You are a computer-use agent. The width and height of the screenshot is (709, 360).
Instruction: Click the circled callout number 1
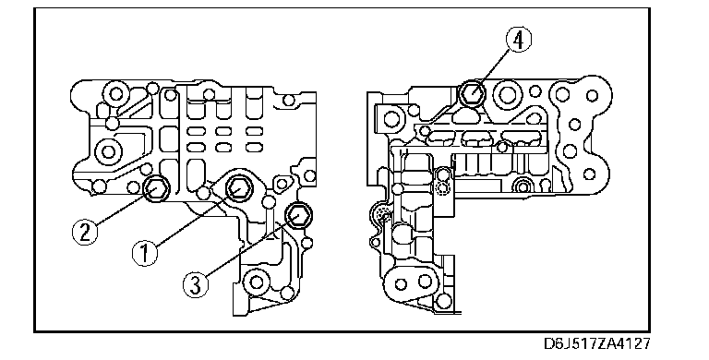pyautogui.click(x=145, y=253)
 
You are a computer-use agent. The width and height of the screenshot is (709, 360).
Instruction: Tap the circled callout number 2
pyautogui.click(x=85, y=232)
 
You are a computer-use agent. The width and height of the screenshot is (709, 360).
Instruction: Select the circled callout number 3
pyautogui.click(x=196, y=285)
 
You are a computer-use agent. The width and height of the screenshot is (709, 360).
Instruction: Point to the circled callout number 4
pyautogui.click(x=518, y=40)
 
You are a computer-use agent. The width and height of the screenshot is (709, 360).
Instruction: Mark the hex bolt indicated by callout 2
pyautogui.click(x=156, y=188)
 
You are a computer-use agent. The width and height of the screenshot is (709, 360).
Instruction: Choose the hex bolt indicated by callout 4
pyautogui.click(x=472, y=93)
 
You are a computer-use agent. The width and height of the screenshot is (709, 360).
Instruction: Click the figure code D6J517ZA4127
pyautogui.click(x=597, y=343)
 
